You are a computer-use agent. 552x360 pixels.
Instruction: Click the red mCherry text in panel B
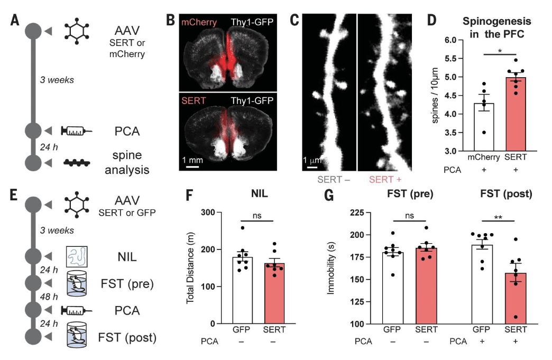click(197, 22)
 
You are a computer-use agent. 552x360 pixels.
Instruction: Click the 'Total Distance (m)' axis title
click(190, 267)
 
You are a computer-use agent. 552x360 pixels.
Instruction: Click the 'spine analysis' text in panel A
click(130, 163)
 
